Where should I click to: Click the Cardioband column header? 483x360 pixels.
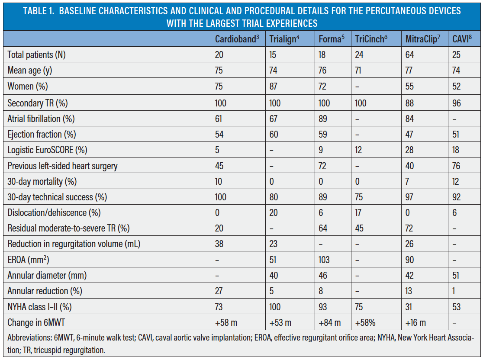[x=237, y=39]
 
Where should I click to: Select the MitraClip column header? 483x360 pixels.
[x=422, y=39]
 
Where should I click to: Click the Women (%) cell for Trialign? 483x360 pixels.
[x=274, y=87]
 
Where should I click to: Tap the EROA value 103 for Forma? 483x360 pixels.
[x=324, y=260]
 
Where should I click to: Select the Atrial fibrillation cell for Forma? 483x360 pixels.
[x=323, y=118]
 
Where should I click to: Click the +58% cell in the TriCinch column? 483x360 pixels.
[x=365, y=323]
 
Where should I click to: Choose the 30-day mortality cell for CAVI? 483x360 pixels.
[x=457, y=181]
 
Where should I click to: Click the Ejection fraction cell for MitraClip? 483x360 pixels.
[x=410, y=134]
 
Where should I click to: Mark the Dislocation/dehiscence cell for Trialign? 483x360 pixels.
[x=274, y=212]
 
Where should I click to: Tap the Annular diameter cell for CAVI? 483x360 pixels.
[x=456, y=276]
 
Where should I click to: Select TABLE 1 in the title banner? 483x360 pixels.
[x=39, y=10]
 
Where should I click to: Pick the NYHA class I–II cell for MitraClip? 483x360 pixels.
[x=410, y=307]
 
